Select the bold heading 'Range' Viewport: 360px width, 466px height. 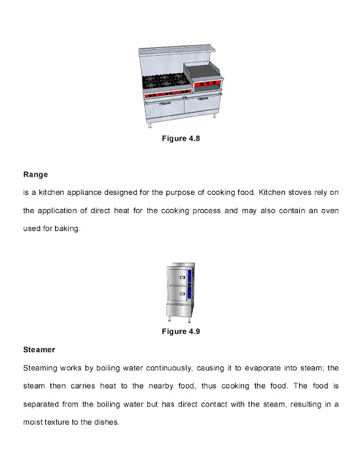click(x=36, y=174)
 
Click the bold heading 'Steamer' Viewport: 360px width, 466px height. click(x=39, y=349)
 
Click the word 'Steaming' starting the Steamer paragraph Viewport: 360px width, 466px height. click(x=41, y=368)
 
